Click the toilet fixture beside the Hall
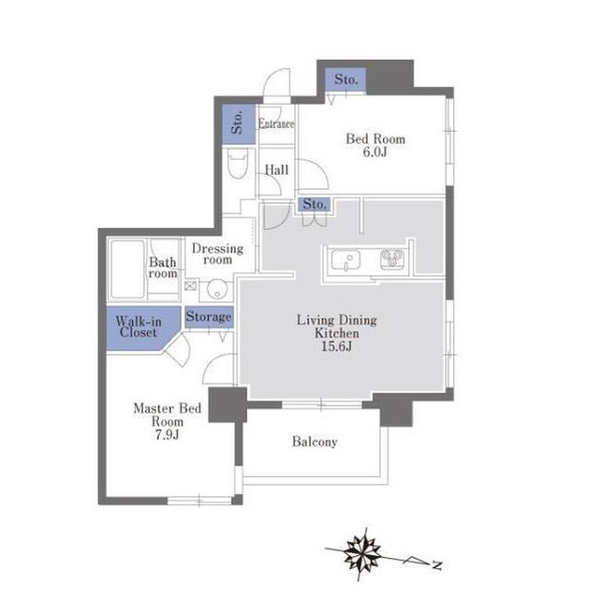[x=238, y=163]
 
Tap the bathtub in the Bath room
[x=128, y=270]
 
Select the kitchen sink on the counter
[x=345, y=260]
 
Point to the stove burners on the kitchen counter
[x=392, y=259]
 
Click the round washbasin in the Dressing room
[x=216, y=291]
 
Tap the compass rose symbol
[x=361, y=553]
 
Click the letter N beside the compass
[x=437, y=565]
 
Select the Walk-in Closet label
[x=138, y=327]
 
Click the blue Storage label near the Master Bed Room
[x=209, y=316]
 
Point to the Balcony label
[x=314, y=442]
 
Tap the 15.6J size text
[x=336, y=346]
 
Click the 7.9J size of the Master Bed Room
[x=167, y=434]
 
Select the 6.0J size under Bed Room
[x=374, y=152]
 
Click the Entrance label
[x=276, y=124]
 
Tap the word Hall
[x=277, y=169]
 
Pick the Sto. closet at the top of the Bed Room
[x=345, y=80]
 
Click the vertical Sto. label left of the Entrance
[x=237, y=123]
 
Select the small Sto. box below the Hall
[x=314, y=204]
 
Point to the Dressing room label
[x=217, y=254]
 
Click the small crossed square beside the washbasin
[x=190, y=285]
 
